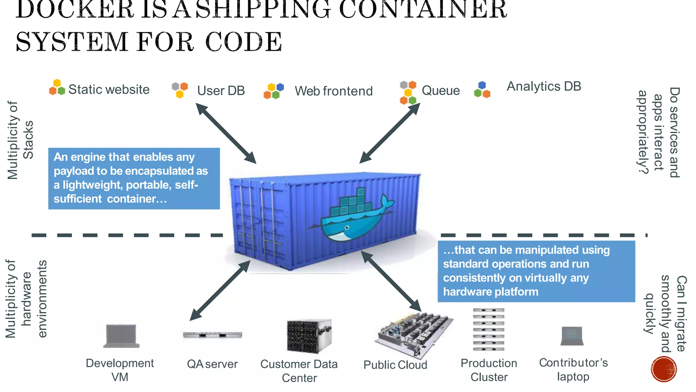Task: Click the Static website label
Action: [109, 89]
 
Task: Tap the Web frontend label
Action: [333, 91]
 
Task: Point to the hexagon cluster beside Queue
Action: [408, 93]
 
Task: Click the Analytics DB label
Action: [544, 86]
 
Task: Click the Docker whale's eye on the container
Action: [347, 228]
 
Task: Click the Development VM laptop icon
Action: [121, 336]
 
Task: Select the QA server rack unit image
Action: [212, 335]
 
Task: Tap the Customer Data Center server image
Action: [309, 336]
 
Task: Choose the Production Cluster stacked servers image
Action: [488, 329]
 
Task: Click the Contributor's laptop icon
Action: [572, 336]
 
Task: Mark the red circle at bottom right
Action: [664, 369]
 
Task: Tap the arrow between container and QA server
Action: [220, 291]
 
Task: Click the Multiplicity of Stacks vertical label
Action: [20, 140]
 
